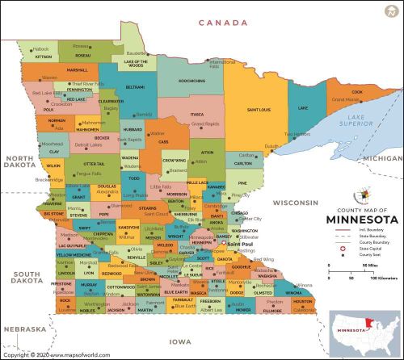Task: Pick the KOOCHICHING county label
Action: pos(191,81)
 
